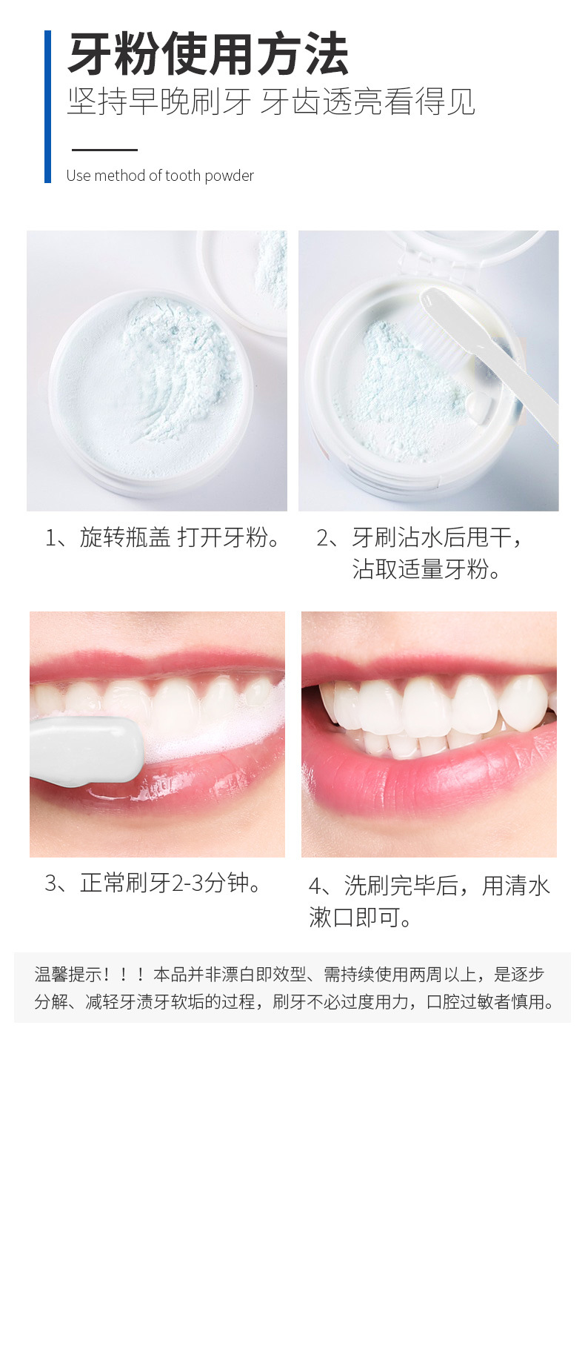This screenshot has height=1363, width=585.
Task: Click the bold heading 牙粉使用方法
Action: click(x=208, y=54)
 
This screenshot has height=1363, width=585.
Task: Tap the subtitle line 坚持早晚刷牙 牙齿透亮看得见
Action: click(x=271, y=102)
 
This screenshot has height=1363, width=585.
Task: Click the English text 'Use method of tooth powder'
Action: click(x=160, y=176)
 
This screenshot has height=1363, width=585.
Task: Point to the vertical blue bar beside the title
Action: click(x=48, y=107)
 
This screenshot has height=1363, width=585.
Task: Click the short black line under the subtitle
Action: click(x=104, y=150)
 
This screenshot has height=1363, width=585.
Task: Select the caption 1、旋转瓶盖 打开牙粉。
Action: click(x=164, y=537)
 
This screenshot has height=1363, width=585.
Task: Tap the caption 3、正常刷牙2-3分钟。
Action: click(x=156, y=883)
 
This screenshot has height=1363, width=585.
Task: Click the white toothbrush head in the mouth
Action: click(x=85, y=749)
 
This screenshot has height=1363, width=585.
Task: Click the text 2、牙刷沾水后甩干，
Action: click(x=421, y=537)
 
